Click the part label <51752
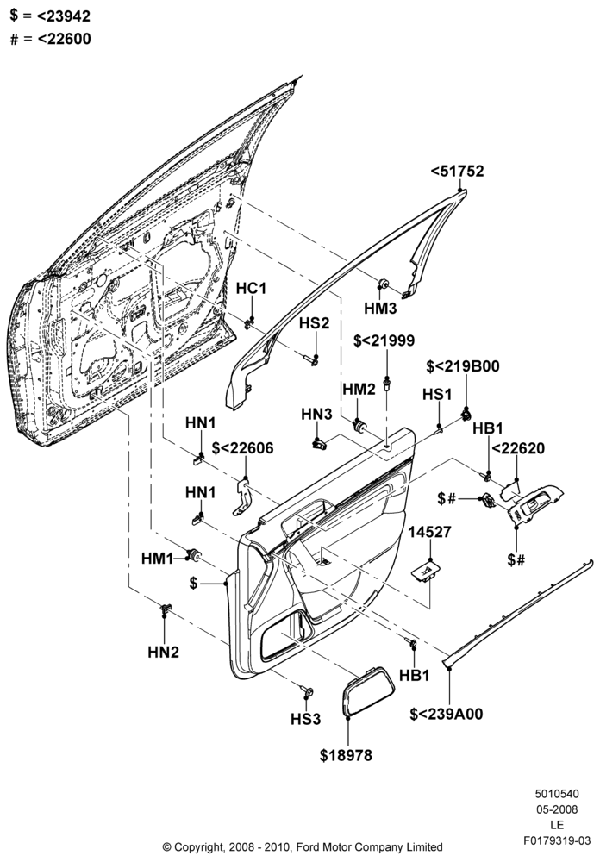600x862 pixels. [x=457, y=171]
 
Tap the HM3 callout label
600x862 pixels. [x=380, y=309]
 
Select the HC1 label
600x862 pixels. [x=252, y=288]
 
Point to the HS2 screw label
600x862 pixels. [x=314, y=323]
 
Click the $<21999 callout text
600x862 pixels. [x=384, y=340]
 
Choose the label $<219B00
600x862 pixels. [x=463, y=366]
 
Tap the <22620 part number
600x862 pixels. [x=517, y=448]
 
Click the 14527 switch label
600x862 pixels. [x=429, y=532]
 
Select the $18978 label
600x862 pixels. [x=346, y=755]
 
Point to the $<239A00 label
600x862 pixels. [x=446, y=714]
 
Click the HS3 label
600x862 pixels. [x=306, y=719]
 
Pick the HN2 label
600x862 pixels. [x=163, y=652]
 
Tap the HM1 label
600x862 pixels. [x=157, y=559]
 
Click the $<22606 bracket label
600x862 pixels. [x=242, y=448]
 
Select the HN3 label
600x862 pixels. [x=316, y=415]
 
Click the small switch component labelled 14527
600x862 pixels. [x=426, y=572]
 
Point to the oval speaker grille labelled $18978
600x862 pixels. [x=369, y=692]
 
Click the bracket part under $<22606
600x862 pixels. [x=242, y=497]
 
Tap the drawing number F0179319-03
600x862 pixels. [x=557, y=840]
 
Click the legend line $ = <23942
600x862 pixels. [x=50, y=16]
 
